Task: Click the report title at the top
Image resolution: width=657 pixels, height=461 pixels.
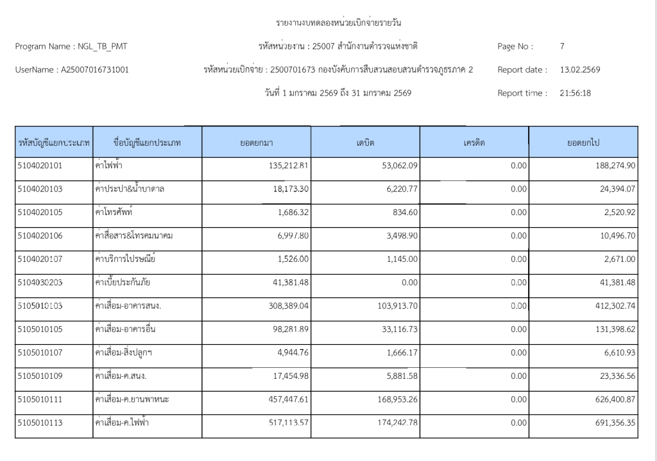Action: tap(338, 23)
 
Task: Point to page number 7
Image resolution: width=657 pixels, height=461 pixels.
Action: tap(562, 46)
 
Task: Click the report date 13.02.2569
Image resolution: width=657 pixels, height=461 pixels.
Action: tap(580, 69)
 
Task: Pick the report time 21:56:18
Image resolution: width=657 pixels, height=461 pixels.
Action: tap(576, 93)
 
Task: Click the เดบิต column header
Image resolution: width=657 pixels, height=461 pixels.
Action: tap(365, 143)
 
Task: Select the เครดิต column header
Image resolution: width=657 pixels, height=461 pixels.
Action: tap(474, 143)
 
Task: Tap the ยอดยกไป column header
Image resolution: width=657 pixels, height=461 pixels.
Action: tap(583, 143)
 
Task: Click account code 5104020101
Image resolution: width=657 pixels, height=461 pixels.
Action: tap(40, 166)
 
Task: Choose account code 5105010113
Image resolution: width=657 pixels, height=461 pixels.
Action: tap(40, 422)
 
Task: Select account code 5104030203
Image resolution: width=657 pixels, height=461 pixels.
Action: tap(40, 283)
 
